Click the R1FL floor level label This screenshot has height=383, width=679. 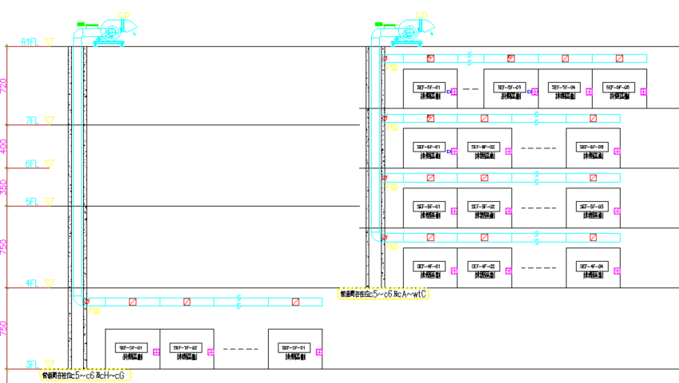tap(30, 41)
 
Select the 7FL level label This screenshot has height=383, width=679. tap(32, 120)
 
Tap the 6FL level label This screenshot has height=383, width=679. tap(32, 163)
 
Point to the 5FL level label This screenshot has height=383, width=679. tap(32, 202)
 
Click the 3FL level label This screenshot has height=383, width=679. tap(32, 365)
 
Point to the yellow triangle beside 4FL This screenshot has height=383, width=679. tap(49, 282)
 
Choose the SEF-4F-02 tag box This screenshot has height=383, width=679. tap(484, 266)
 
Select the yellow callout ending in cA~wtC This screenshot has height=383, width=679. tap(384, 294)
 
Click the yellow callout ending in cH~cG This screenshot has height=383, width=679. tap(85, 374)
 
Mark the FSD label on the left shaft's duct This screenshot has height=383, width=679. tap(94, 310)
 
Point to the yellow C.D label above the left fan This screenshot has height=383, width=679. tap(124, 14)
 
